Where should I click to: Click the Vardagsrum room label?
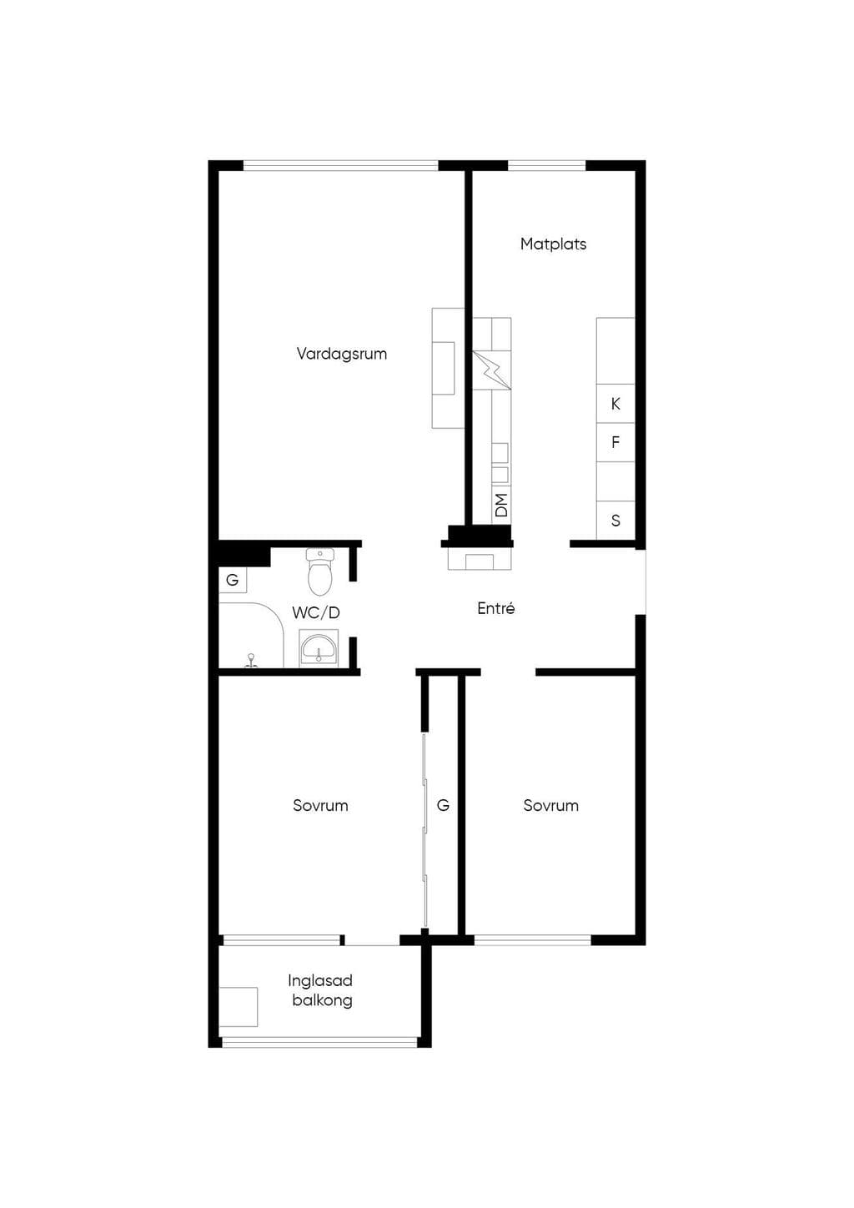(341, 354)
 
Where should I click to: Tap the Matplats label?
(553, 244)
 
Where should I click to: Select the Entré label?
(496, 608)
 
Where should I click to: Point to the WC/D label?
(316, 612)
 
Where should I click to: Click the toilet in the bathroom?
(319, 571)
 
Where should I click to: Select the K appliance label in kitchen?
(615, 404)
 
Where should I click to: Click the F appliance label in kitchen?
(615, 443)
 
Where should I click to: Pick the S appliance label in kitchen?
(615, 521)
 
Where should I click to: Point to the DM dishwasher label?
(501, 505)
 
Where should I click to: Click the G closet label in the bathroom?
(233, 580)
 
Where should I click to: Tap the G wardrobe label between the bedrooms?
(443, 805)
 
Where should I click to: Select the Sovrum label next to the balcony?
(320, 805)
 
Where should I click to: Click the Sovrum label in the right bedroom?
(550, 805)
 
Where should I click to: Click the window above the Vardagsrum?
(341, 165)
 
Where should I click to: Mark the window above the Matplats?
(547, 165)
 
